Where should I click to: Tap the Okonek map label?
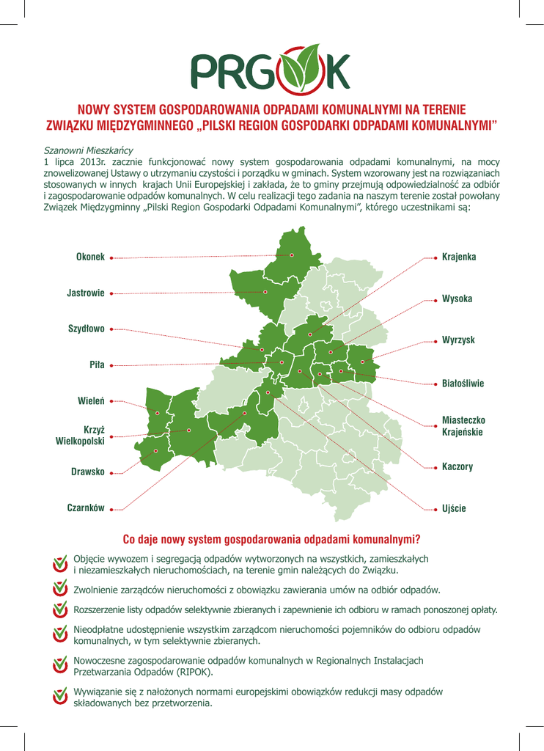click(90, 257)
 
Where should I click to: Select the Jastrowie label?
click(86, 293)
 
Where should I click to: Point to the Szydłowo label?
click(87, 329)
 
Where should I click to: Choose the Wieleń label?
click(91, 401)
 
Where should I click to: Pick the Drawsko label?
click(88, 472)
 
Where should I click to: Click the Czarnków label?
click(86, 508)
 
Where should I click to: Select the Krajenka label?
click(459, 257)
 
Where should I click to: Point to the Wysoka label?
click(457, 299)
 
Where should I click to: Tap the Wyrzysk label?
click(458, 341)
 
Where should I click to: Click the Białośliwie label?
click(463, 384)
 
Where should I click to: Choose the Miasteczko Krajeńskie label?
click(463, 426)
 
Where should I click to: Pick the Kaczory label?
click(457, 466)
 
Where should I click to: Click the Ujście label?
click(455, 508)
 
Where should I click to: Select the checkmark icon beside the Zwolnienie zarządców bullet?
click(62, 589)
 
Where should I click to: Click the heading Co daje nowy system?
click(271, 541)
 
